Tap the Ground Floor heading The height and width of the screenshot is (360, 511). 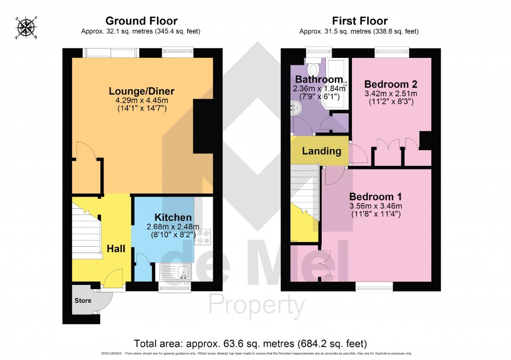pyautogui.click(x=141, y=21)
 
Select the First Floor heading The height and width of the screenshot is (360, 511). pyautogui.click(x=360, y=21)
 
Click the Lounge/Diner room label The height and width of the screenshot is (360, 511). pyautogui.click(x=141, y=91)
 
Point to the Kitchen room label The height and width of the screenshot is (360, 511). pyautogui.click(x=173, y=217)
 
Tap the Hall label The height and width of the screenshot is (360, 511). pyautogui.click(x=116, y=249)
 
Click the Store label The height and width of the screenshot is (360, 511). pyautogui.click(x=83, y=301)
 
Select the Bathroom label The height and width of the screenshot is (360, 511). pyautogui.click(x=319, y=79)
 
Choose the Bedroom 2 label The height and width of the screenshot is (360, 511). pyautogui.click(x=391, y=84)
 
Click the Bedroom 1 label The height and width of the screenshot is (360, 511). pyautogui.click(x=375, y=197)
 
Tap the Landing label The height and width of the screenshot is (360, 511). pyautogui.click(x=322, y=151)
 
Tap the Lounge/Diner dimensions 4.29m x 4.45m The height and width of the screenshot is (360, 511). pyautogui.click(x=141, y=101)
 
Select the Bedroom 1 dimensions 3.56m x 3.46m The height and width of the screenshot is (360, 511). pyautogui.click(x=375, y=206)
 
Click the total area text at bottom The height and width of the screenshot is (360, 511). pyautogui.click(x=250, y=344)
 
